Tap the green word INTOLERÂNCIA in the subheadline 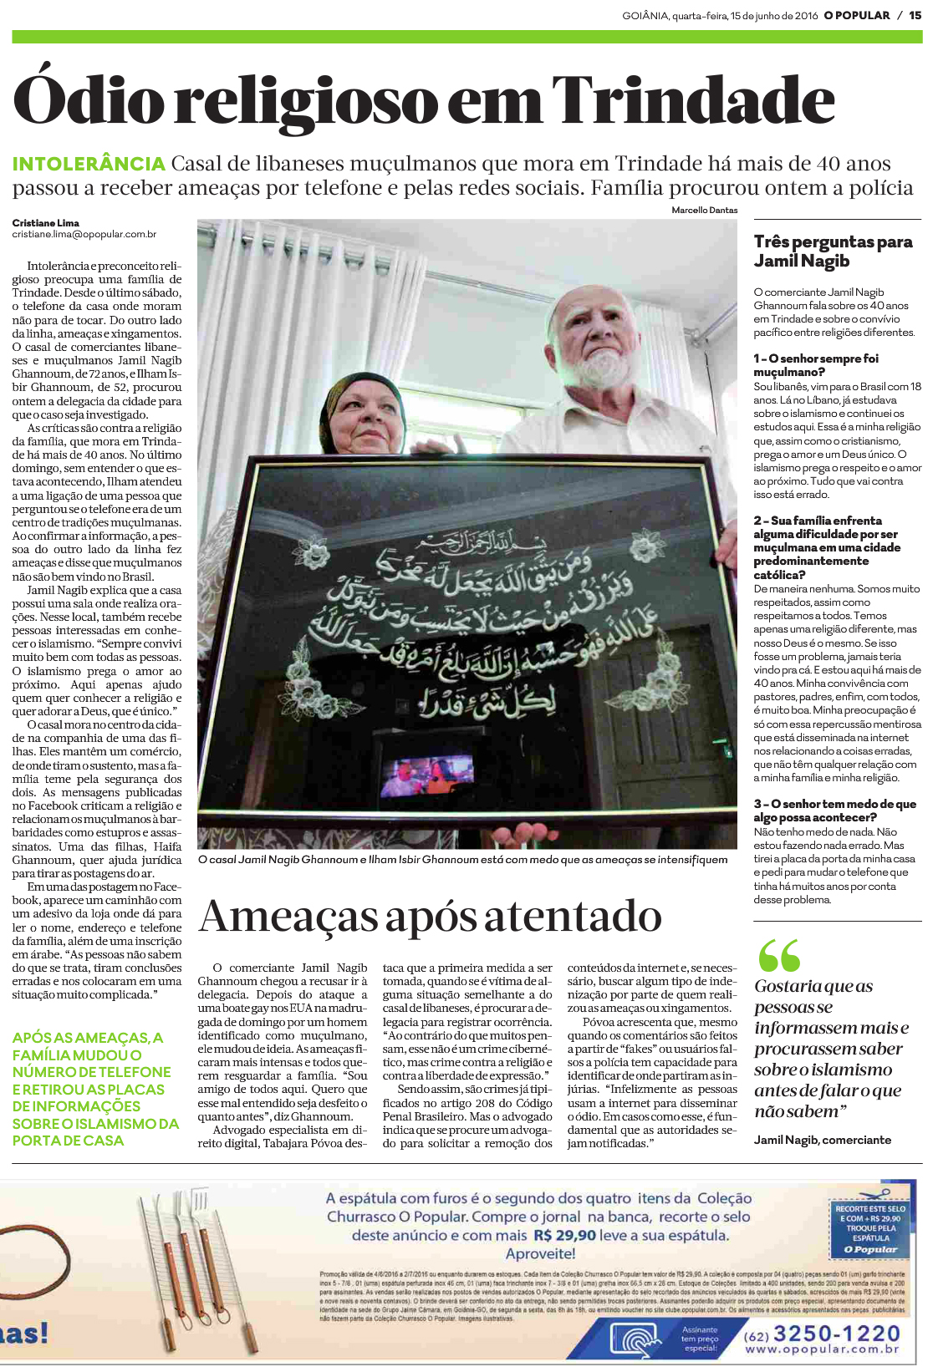point(89,164)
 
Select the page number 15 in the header point(915,15)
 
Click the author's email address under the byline point(84,235)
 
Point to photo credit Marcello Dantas point(704,211)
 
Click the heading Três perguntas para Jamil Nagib point(833,252)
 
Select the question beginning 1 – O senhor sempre point(815,364)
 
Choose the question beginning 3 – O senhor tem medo point(834,811)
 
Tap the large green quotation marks point(779,955)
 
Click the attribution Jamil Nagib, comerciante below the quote point(822,1140)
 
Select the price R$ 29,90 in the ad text point(564,1235)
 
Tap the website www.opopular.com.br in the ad point(822,1349)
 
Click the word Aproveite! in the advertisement point(540,1253)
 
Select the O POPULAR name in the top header point(858,15)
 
